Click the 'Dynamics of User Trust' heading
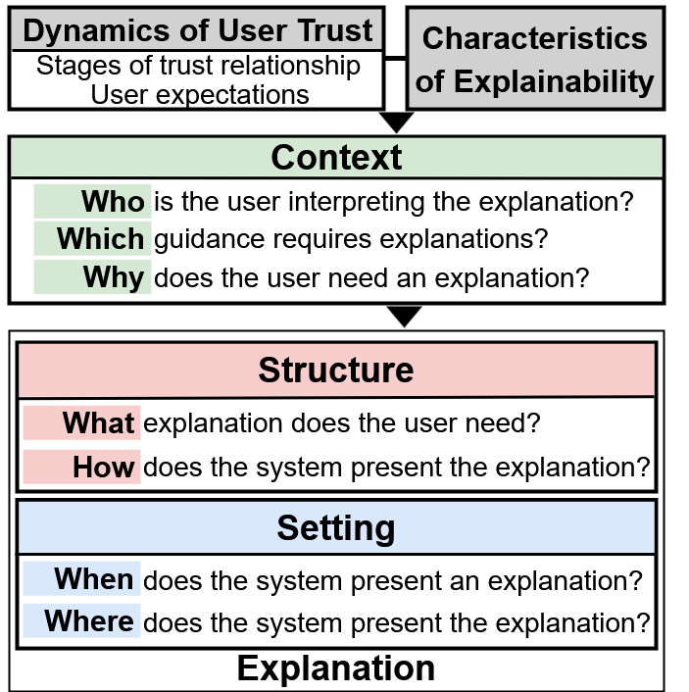click(198, 30)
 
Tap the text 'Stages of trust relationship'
click(198, 66)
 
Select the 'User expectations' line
click(200, 94)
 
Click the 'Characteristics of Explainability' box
click(535, 58)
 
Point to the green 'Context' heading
click(336, 158)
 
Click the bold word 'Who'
click(113, 202)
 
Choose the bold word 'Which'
click(101, 239)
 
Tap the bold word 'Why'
click(114, 277)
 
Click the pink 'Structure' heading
click(336, 370)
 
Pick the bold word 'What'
click(98, 422)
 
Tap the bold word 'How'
click(104, 467)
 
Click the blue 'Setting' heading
click(336, 528)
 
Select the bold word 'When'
click(94, 578)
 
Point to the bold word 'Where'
click(89, 621)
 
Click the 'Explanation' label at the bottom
click(336, 668)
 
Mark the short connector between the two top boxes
click(396, 58)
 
